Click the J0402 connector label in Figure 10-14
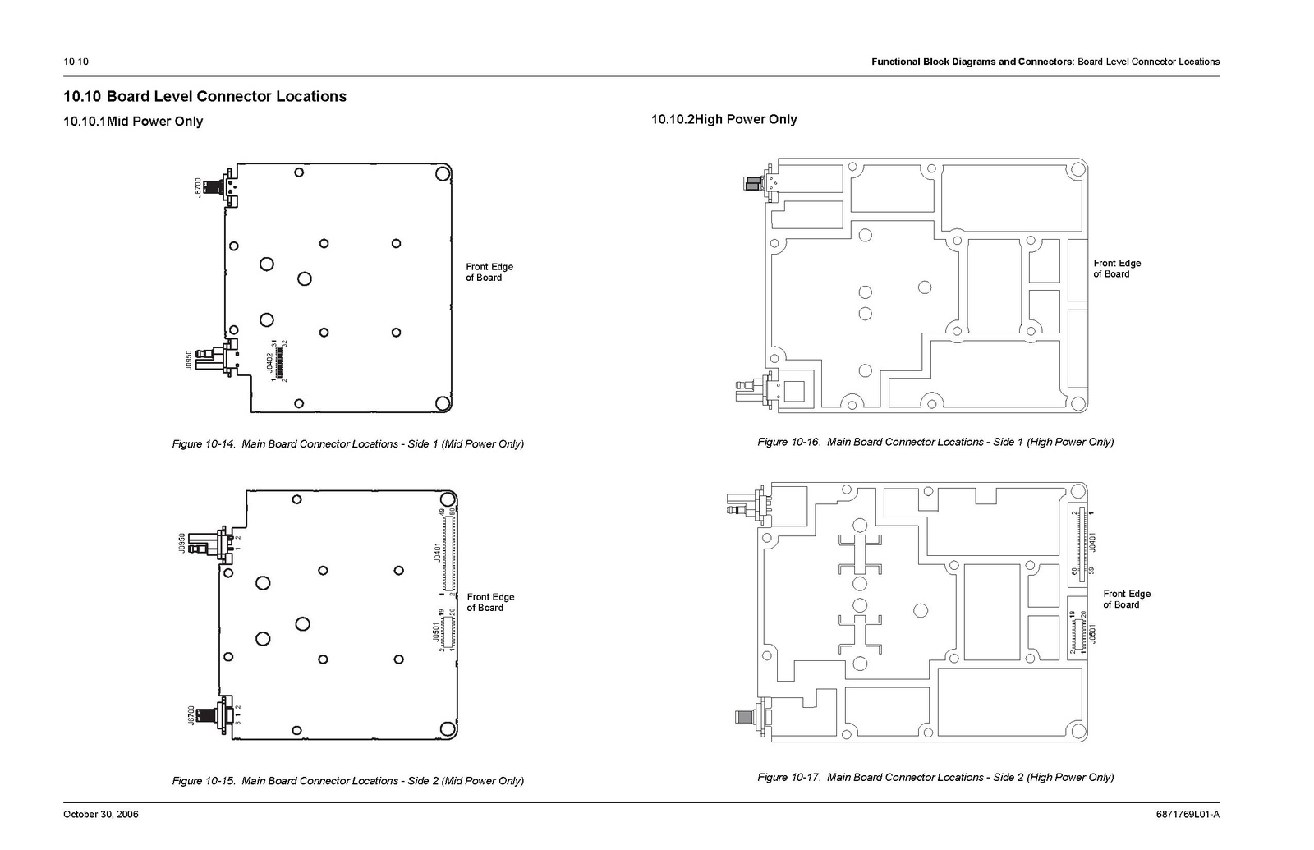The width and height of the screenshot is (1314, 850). tap(269, 362)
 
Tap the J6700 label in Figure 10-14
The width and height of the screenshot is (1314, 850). tap(197, 186)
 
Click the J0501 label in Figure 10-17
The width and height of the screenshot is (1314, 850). tap(1091, 633)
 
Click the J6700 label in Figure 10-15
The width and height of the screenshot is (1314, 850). tap(191, 714)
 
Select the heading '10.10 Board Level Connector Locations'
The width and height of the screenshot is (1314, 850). tap(205, 96)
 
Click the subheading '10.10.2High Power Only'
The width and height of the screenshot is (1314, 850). tap(724, 119)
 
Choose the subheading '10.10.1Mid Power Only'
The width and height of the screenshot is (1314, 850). tap(133, 122)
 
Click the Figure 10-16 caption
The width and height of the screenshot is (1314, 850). tap(935, 442)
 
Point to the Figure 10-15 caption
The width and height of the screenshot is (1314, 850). tap(347, 781)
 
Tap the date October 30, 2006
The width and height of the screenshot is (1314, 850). tap(101, 815)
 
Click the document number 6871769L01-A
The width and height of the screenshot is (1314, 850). tap(1188, 815)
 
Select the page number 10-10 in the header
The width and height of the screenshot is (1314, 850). tap(76, 62)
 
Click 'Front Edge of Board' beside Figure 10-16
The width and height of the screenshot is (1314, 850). tap(1117, 269)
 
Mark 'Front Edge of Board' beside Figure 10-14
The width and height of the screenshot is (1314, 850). tap(489, 272)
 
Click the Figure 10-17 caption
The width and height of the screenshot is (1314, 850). tap(935, 777)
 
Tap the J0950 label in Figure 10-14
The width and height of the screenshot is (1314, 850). tap(189, 360)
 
